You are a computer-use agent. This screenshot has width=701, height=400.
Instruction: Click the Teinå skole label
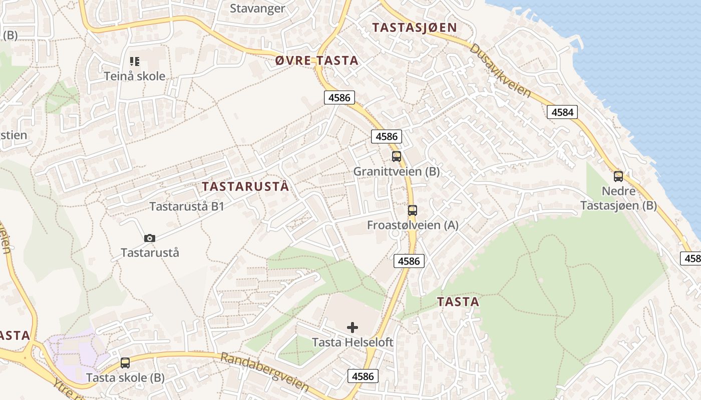coord(134,76)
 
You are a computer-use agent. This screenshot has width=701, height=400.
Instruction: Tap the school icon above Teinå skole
coord(134,61)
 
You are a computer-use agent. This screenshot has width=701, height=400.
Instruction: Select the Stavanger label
coord(257,8)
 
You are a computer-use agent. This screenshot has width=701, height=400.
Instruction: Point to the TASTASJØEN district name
coord(415,27)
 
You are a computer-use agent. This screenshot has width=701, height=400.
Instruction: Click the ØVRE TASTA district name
coord(317,60)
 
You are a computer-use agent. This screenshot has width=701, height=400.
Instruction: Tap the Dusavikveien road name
coord(500,70)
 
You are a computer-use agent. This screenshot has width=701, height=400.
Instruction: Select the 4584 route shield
coord(562,112)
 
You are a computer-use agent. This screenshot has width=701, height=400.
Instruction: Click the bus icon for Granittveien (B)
coord(397,156)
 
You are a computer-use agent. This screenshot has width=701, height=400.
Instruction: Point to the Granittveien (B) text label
coord(397,171)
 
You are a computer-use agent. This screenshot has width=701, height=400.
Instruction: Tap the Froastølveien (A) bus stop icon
coord(412,210)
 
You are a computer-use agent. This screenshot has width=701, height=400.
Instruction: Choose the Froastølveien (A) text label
coord(413,225)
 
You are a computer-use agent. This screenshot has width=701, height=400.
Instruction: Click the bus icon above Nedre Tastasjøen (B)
coord(618,176)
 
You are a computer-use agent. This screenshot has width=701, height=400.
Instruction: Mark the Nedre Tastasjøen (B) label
coord(618,198)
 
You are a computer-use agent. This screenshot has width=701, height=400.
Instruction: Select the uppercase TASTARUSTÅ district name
coord(245,186)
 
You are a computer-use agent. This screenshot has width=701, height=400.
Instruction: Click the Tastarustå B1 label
coord(187,206)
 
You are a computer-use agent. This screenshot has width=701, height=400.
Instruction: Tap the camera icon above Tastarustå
coord(149,238)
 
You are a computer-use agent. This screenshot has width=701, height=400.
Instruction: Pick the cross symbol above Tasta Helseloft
coord(353,327)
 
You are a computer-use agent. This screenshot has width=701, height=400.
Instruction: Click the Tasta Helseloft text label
coord(353,342)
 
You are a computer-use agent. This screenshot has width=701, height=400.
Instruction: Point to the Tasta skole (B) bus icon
coord(125,363)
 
